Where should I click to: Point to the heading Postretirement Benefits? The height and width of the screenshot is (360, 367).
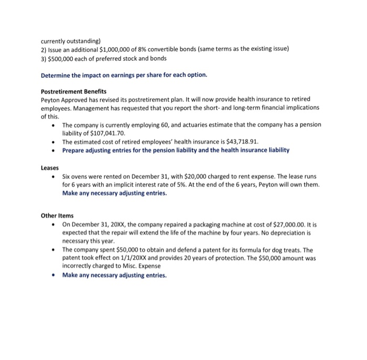coord(73,91)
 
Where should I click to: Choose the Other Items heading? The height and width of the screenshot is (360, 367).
coord(57,215)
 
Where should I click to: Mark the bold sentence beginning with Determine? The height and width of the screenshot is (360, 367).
coord(124,75)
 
